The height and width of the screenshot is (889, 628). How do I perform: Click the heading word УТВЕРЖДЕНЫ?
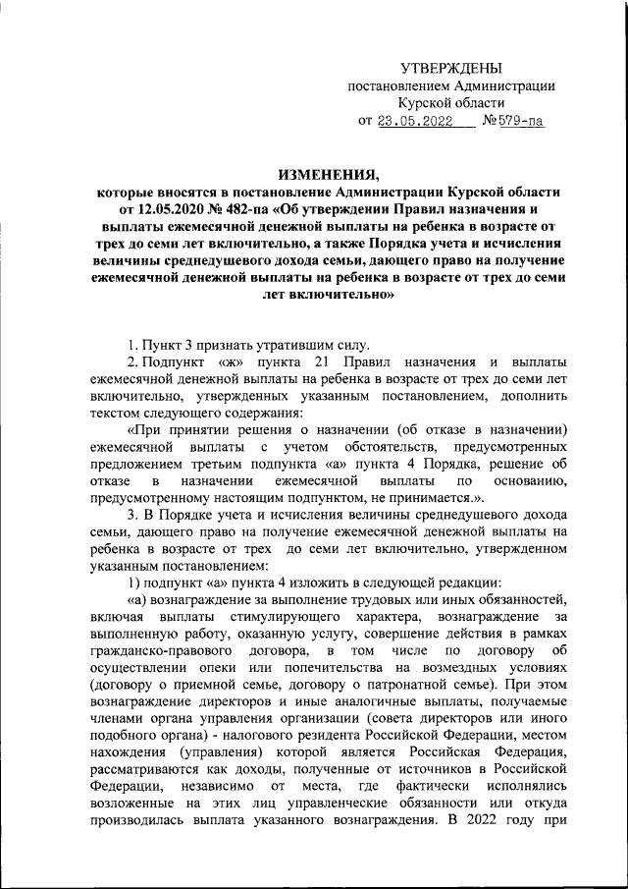451,67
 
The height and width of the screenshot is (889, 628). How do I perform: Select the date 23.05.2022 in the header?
418,123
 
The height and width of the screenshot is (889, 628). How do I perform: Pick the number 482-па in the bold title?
254,209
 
